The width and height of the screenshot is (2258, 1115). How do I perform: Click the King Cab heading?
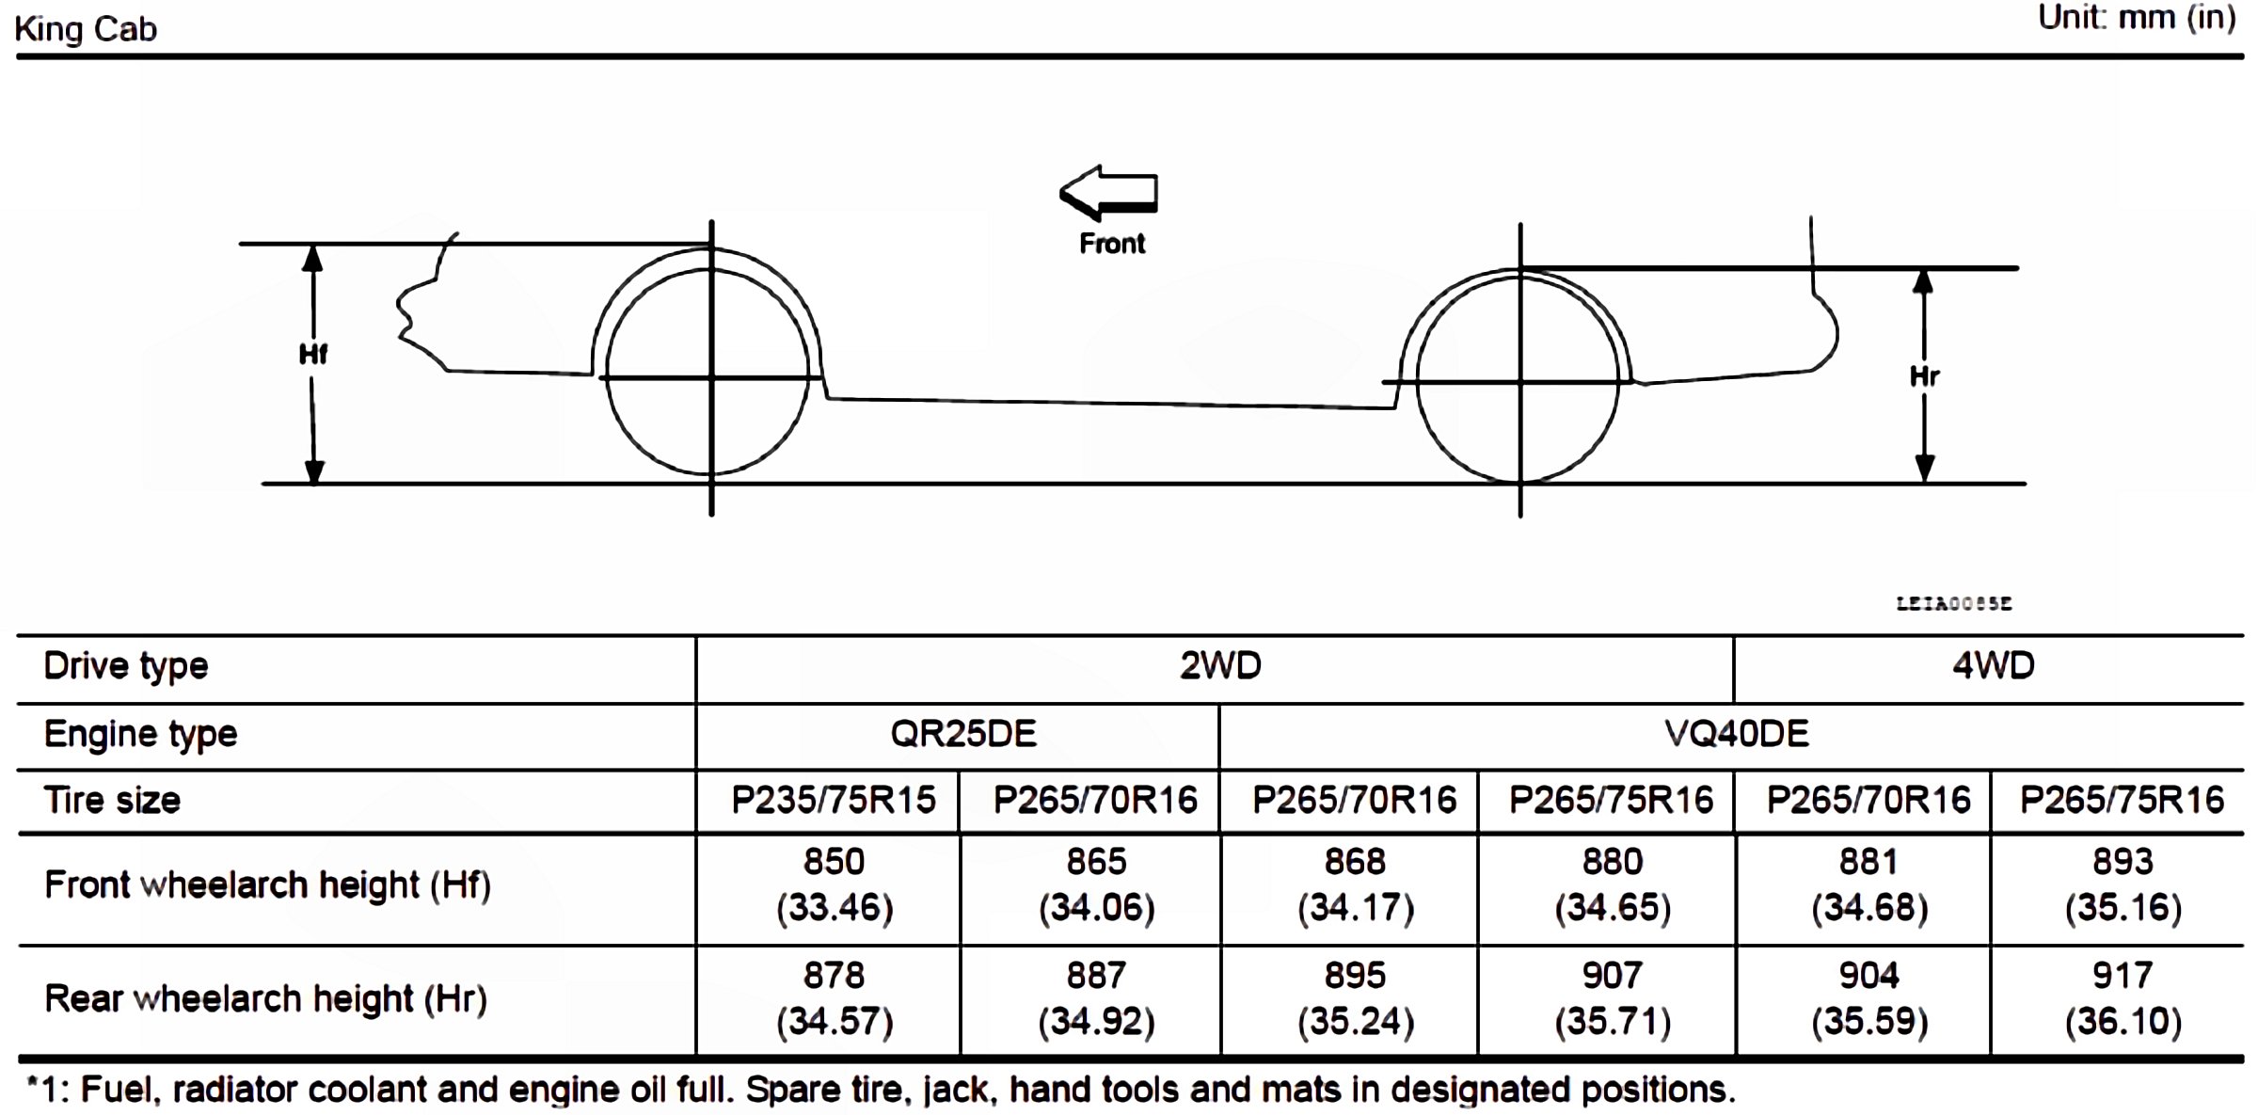(86, 29)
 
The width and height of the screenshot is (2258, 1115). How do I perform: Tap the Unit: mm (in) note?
(2136, 18)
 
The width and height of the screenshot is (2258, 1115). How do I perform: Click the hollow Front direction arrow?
(1108, 193)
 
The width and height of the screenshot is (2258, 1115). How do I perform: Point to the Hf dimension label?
(313, 355)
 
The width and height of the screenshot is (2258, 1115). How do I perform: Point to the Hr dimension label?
(1924, 376)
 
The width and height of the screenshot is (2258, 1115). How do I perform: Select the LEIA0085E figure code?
(1954, 603)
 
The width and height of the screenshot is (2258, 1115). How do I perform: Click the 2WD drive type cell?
(1220, 666)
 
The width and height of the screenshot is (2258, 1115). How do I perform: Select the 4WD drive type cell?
(1993, 666)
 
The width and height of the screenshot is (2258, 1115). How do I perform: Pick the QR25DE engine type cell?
(963, 734)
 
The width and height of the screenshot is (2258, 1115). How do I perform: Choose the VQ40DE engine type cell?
(1736, 734)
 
